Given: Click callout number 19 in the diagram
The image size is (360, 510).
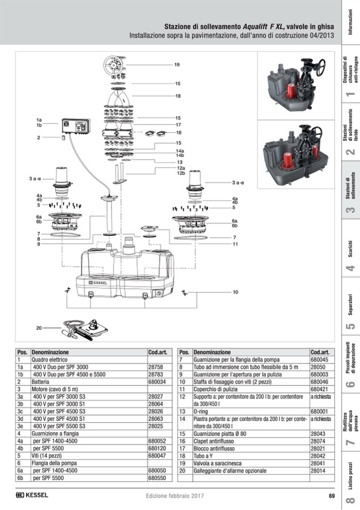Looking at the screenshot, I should click(177, 65).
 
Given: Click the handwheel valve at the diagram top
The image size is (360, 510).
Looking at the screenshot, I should click(115, 66).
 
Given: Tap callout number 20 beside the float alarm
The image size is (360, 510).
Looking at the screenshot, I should click(39, 328).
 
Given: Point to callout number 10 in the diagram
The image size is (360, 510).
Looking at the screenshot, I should click(235, 292).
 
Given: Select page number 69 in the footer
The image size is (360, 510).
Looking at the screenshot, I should click(331, 496).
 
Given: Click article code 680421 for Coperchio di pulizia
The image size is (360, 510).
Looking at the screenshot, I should click(320, 389).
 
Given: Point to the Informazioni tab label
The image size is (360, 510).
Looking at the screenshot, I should click(350, 22).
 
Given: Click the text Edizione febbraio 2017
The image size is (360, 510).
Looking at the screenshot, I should click(175, 496).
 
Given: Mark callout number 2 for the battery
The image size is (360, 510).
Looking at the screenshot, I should click(39, 138).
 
